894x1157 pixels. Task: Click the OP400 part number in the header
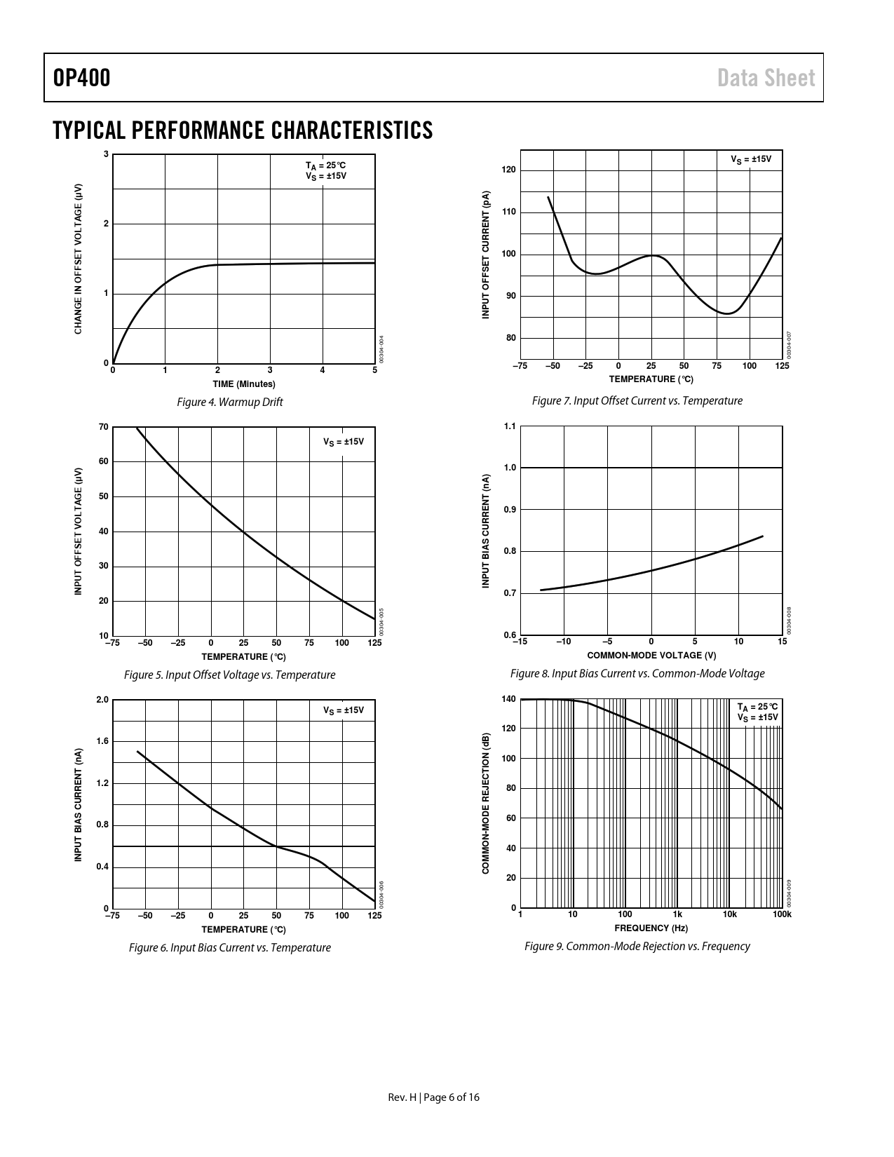tap(81, 78)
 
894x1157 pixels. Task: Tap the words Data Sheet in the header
tap(766, 78)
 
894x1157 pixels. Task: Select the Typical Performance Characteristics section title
tap(243, 130)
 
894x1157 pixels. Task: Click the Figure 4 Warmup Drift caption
tap(230, 402)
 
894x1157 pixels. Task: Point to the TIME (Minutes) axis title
tap(244, 384)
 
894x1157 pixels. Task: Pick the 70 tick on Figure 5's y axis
tap(104, 427)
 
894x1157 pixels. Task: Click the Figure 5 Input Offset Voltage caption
tap(229, 675)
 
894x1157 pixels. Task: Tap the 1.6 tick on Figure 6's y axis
tap(102, 741)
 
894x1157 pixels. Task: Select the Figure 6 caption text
tap(229, 947)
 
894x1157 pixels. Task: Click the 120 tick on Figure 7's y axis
tap(509, 170)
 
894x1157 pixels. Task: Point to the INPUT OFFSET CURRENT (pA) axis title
tap(485, 255)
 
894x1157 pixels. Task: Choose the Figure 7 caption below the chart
tap(637, 400)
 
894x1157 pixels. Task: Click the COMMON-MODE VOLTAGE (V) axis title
tap(651, 656)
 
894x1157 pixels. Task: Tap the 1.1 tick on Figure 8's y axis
tap(510, 426)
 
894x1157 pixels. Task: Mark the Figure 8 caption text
tap(637, 673)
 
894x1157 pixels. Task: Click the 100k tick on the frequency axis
tap(782, 914)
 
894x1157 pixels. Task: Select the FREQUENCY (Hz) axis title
tap(651, 928)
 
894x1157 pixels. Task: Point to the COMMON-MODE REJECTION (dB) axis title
tap(485, 804)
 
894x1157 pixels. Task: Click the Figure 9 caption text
tap(637, 946)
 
